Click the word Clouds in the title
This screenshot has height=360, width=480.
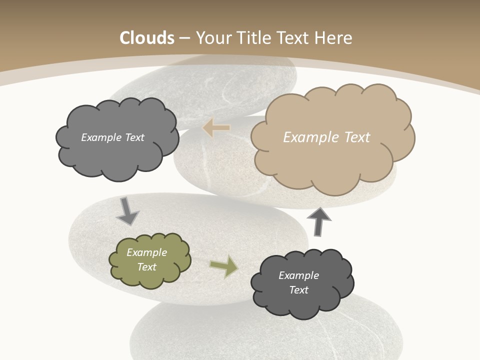tap(147, 38)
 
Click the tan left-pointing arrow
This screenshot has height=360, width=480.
tap(216, 128)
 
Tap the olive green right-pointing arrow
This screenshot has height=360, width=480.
tap(224, 266)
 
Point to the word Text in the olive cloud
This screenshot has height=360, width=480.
tap(147, 267)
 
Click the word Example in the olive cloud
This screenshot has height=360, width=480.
tap(147, 252)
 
